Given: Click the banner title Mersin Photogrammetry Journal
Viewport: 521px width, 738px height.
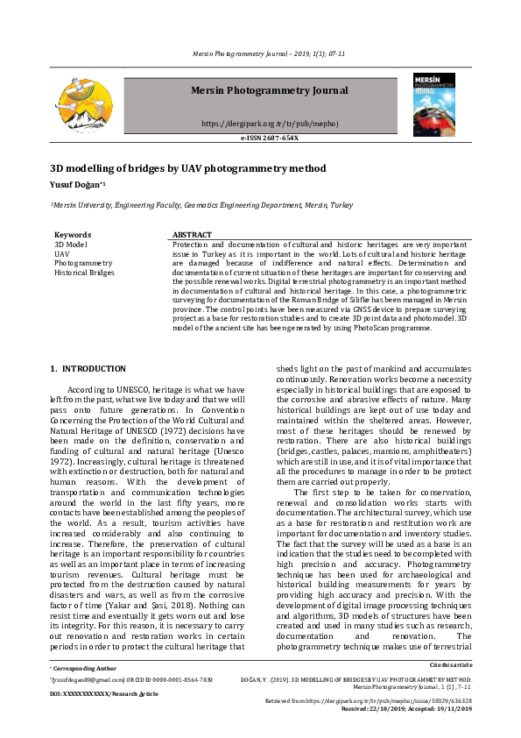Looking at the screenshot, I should coord(269,90).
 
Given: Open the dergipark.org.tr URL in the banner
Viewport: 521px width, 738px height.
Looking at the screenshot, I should coord(269,124).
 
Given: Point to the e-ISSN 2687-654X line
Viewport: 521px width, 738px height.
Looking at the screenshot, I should coord(269,138).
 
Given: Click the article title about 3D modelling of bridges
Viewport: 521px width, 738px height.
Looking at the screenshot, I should coord(187,168).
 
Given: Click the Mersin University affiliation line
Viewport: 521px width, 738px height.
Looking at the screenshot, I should coord(201,205).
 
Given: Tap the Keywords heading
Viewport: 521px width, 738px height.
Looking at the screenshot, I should coord(72,235).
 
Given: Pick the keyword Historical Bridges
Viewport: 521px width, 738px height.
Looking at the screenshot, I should coord(83,273).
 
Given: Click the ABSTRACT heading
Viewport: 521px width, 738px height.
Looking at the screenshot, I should coord(192,235).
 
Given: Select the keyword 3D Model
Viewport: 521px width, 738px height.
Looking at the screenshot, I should coord(70,244).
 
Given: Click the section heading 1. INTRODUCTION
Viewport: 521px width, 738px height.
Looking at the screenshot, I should coord(88,368).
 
